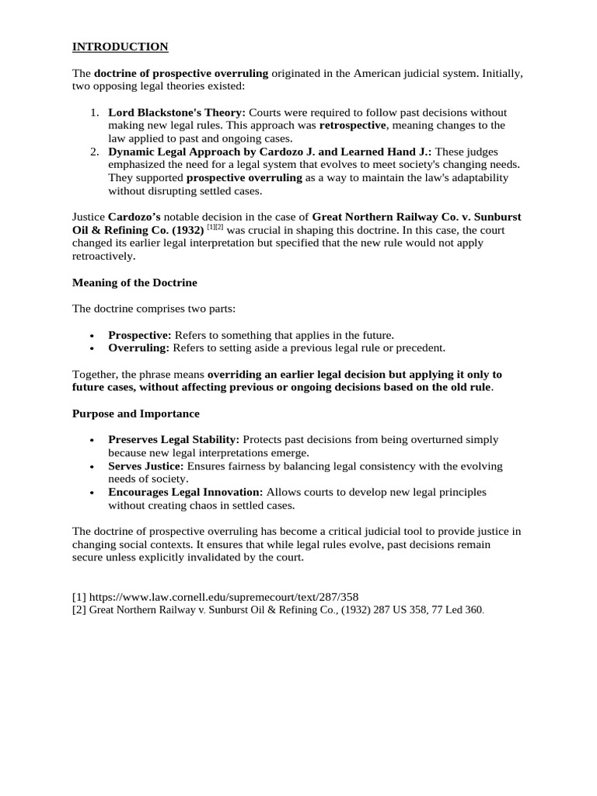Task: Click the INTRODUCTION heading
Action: point(120,47)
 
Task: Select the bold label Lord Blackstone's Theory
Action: point(176,112)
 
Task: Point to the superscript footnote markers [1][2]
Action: point(215,229)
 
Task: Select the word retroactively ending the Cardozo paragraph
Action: point(103,256)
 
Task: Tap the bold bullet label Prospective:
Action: point(139,335)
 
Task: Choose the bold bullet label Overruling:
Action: point(138,347)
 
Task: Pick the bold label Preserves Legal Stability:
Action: point(173,439)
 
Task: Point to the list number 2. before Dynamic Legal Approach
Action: point(95,152)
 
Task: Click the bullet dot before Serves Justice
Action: point(93,466)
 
